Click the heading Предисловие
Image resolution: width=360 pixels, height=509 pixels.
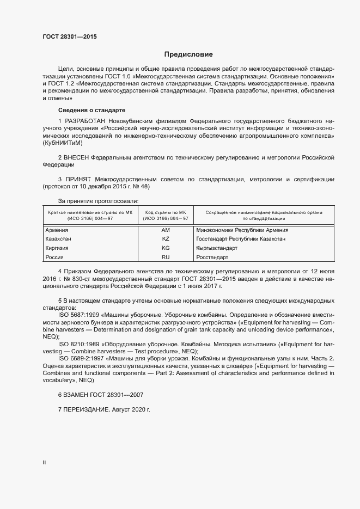pyautogui.click(x=189, y=54)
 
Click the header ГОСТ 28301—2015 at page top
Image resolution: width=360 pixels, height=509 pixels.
pyautogui.click(x=70, y=37)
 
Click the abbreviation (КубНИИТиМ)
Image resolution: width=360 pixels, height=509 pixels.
pyautogui.click(x=63, y=143)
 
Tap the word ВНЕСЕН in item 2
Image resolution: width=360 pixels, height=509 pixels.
pyautogui.click(x=77, y=157)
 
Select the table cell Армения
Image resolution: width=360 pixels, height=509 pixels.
pyautogui.click(x=57, y=230)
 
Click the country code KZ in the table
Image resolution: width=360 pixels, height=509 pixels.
pyautogui.click(x=166, y=239)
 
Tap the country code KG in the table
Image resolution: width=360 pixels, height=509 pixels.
pyautogui.click(x=166, y=248)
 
